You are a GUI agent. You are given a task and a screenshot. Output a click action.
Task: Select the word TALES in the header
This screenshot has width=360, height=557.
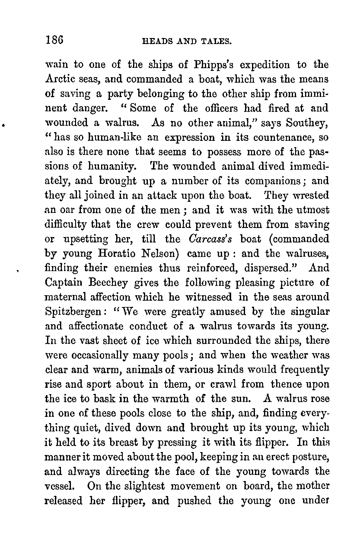coord(215,41)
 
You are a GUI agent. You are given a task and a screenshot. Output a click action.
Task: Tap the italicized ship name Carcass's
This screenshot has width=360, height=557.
coord(210,239)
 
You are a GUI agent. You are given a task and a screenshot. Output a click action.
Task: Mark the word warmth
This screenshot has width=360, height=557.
coord(172,399)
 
